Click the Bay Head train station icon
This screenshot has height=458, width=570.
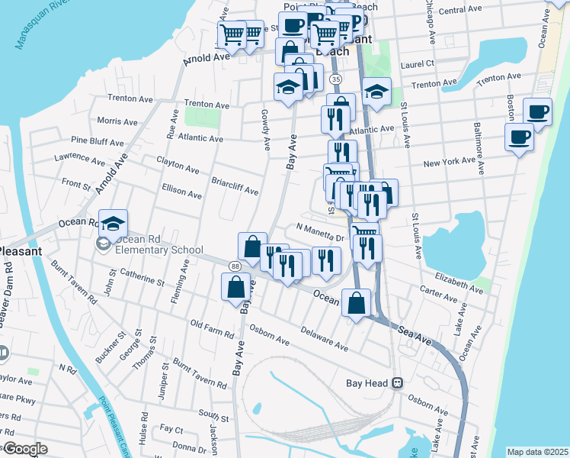397,383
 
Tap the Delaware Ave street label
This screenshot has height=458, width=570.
324,339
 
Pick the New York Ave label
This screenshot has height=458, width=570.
450,163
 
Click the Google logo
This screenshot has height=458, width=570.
25,448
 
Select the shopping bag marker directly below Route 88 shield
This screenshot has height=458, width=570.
235,288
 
